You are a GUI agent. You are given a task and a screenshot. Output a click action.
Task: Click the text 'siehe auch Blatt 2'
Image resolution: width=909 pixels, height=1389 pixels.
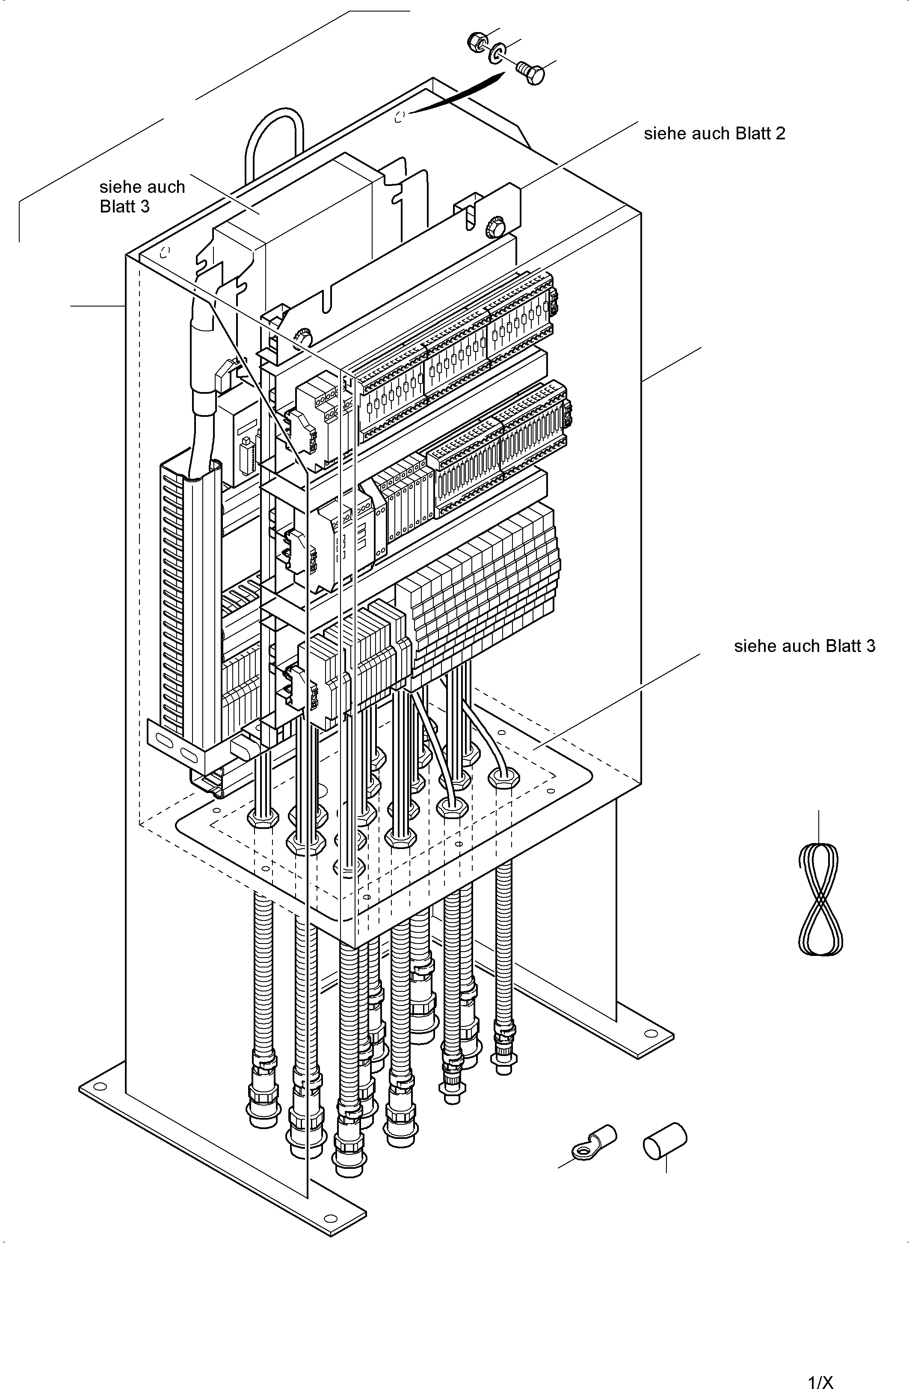tap(715, 134)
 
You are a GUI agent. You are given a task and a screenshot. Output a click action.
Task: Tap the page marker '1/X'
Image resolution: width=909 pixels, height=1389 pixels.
tap(820, 1381)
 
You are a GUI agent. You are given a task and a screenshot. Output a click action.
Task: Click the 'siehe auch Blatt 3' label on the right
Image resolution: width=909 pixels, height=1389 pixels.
tap(805, 646)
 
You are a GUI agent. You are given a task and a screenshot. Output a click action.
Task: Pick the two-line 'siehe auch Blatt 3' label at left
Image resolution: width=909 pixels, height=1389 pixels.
tap(142, 197)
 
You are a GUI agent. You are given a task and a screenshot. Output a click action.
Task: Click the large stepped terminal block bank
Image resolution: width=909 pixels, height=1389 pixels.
tap(479, 590)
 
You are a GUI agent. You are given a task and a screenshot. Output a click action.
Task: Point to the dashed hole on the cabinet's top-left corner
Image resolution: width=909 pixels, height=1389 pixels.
tap(165, 252)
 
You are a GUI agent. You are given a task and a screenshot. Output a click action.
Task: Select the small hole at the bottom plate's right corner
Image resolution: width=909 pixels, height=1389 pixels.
tap(549, 791)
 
